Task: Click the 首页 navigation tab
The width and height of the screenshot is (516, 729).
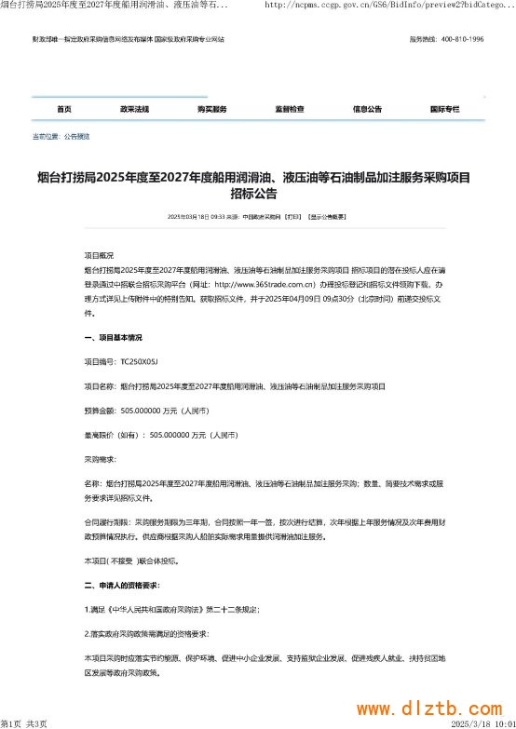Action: [x=63, y=109]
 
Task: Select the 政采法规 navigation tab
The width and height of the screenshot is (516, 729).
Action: [x=135, y=109]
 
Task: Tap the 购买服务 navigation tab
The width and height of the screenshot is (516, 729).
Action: [x=212, y=109]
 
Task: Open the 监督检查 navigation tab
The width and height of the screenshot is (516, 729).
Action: [x=290, y=109]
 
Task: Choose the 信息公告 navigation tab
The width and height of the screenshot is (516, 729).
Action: [x=367, y=109]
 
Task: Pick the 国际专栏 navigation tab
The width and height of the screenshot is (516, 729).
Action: [x=444, y=109]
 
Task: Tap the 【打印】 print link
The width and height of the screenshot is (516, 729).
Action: [x=293, y=216]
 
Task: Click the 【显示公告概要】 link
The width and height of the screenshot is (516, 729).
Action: [x=328, y=216]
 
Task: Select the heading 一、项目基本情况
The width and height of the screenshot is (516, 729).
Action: [x=113, y=336]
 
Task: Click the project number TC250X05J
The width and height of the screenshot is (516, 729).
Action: [x=140, y=360]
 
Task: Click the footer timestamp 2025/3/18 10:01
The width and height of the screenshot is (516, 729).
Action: [x=482, y=722]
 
